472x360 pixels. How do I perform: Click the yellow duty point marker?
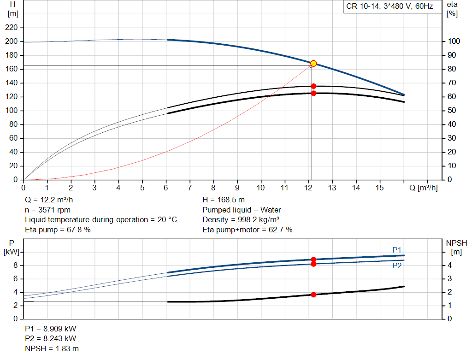pos(313,63)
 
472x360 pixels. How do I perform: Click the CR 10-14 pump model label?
pos(389,7)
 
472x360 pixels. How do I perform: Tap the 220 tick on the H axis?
pos(12,28)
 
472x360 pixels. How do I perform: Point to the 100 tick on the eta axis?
pos(454,41)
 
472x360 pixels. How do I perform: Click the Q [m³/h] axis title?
pos(423,188)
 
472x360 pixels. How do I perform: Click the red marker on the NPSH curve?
pos(313,295)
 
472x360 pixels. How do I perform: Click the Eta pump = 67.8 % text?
pos(58,230)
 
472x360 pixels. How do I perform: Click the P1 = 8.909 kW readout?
pos(51,329)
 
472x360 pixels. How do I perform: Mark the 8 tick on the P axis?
pos(15,266)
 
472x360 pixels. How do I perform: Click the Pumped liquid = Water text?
pos(242,210)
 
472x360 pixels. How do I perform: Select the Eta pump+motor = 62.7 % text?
pos(247,230)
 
